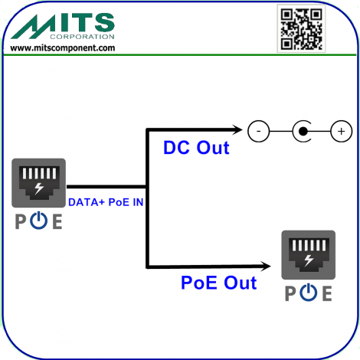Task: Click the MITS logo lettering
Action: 63,26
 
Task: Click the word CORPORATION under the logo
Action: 82,37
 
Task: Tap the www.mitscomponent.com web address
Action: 63,48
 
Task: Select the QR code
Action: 301,28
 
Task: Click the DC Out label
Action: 196,148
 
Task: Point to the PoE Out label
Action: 219,283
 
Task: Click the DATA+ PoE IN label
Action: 106,202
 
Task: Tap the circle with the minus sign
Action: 258,131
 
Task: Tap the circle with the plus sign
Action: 342,131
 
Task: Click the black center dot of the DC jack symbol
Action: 303,131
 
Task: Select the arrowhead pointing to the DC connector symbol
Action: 237,129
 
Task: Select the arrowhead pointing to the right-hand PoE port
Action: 265,266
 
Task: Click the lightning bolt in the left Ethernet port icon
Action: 39,188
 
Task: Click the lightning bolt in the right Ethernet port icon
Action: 309,260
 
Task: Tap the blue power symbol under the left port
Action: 38,221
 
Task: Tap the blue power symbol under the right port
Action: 309,293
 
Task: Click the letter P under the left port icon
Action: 21,221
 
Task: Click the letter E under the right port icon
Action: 327,293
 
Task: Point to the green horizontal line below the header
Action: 180,54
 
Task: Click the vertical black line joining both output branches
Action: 147,198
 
